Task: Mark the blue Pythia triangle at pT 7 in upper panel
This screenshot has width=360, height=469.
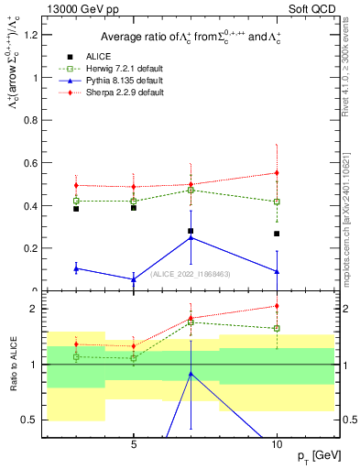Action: point(191,237)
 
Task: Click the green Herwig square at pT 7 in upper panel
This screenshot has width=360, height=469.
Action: point(191,190)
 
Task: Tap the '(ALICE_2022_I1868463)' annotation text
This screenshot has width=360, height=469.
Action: point(191,273)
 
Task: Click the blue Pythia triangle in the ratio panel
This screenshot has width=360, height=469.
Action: point(191,373)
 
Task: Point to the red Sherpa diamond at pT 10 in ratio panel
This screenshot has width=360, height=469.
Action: point(277,306)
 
